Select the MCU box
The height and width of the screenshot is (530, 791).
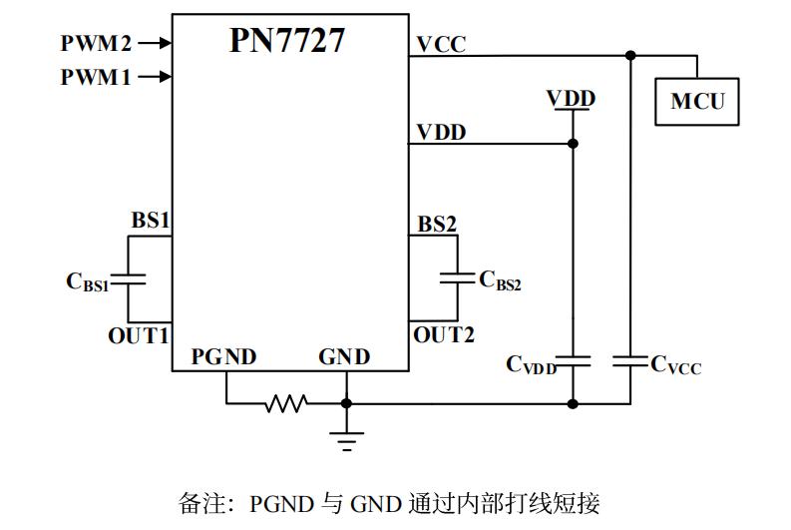[x=696, y=101]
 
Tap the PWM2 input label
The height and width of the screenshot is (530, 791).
[x=96, y=43]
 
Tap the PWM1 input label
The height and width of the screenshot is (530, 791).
[x=96, y=77]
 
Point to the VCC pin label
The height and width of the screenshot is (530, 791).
[x=441, y=44]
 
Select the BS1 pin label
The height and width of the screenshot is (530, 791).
[x=151, y=221]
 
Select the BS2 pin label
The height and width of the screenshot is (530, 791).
[x=437, y=225]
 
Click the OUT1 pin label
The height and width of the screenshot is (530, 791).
[x=139, y=335]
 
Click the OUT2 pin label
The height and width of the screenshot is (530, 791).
[x=444, y=335]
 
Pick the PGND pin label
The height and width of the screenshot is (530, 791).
[x=223, y=357]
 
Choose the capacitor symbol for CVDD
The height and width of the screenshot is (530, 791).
[x=573, y=360]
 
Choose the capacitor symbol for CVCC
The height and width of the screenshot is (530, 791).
[x=630, y=360]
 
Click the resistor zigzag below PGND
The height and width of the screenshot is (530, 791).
[x=286, y=403]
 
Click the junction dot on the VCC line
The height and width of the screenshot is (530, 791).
[x=630, y=56]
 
